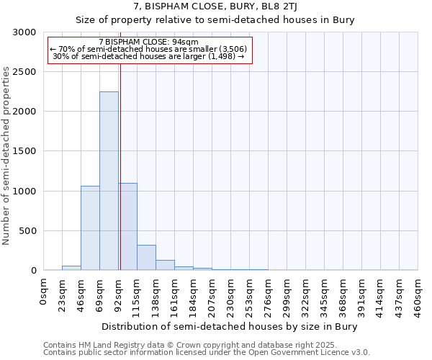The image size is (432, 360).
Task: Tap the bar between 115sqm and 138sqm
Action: [146, 257]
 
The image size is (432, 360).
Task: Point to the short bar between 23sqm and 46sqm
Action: [71, 268]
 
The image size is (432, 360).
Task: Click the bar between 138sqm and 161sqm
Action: [165, 265]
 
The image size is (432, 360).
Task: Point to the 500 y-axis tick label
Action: [27, 231]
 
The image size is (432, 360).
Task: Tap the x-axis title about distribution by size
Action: [230, 326]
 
